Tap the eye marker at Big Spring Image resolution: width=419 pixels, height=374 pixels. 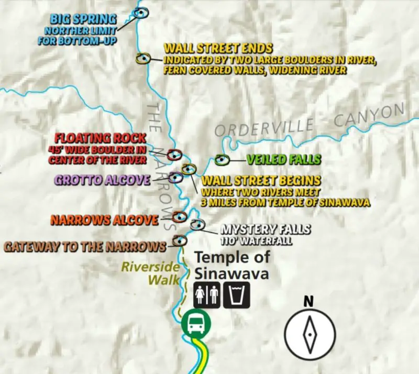pos(140,12)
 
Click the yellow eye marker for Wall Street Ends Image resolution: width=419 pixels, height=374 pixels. pos(142,59)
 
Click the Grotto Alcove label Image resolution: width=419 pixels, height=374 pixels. pos(102,180)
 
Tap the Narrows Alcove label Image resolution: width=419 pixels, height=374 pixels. pos(104,220)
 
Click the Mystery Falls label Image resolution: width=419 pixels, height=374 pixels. pos(265,229)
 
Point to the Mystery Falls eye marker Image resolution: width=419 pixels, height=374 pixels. pos(197,225)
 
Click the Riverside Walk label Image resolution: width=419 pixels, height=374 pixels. pos(151,272)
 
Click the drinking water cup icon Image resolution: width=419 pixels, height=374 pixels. pos(237,295)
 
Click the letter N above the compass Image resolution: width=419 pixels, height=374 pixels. pos(309,301)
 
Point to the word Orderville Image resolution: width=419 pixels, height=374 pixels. pos(263,128)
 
